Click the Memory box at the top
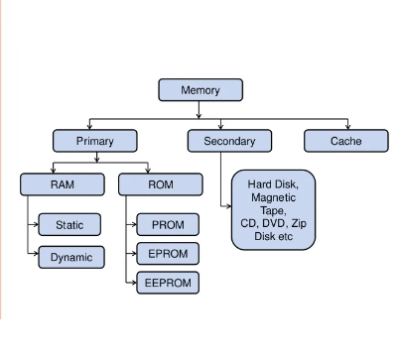click(200, 90)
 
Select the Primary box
click(94, 141)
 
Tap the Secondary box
click(229, 141)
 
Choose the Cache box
click(345, 141)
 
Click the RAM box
click(62, 183)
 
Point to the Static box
click(70, 226)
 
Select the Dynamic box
click(70, 257)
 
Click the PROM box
click(168, 224)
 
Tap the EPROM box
click(168, 253)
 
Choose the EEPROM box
click(168, 283)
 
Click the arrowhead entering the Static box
click(36, 226)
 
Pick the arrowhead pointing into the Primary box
click(89, 127)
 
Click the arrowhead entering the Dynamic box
click(36, 257)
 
